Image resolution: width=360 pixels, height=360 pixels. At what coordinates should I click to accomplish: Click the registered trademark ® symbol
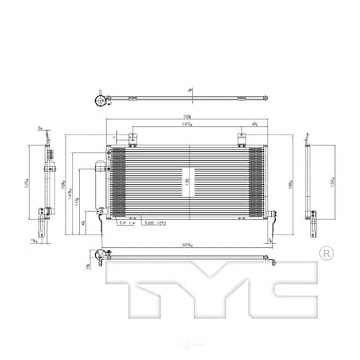[x=325, y=254]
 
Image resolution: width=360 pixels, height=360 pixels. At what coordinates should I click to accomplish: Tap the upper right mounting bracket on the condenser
[x=241, y=139]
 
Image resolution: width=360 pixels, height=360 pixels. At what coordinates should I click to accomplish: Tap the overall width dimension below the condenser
[x=188, y=244]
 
